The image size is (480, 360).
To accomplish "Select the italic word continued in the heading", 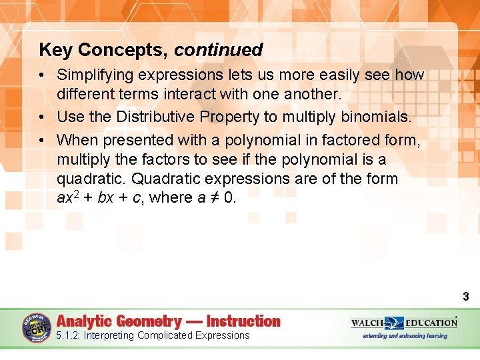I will (x=219, y=50).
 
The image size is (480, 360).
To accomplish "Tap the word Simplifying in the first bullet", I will (x=97, y=75).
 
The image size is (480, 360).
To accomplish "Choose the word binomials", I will (x=376, y=117).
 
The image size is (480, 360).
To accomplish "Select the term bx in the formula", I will (x=105, y=198).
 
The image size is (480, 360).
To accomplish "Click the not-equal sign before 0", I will (x=213, y=198).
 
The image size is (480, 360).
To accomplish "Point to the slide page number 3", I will (x=465, y=297).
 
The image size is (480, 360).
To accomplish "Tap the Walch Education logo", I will (x=404, y=323).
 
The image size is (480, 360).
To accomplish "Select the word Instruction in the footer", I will (x=243, y=321).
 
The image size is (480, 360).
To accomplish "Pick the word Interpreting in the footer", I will (x=109, y=335).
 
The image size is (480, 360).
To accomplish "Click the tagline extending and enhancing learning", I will (x=405, y=336).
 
